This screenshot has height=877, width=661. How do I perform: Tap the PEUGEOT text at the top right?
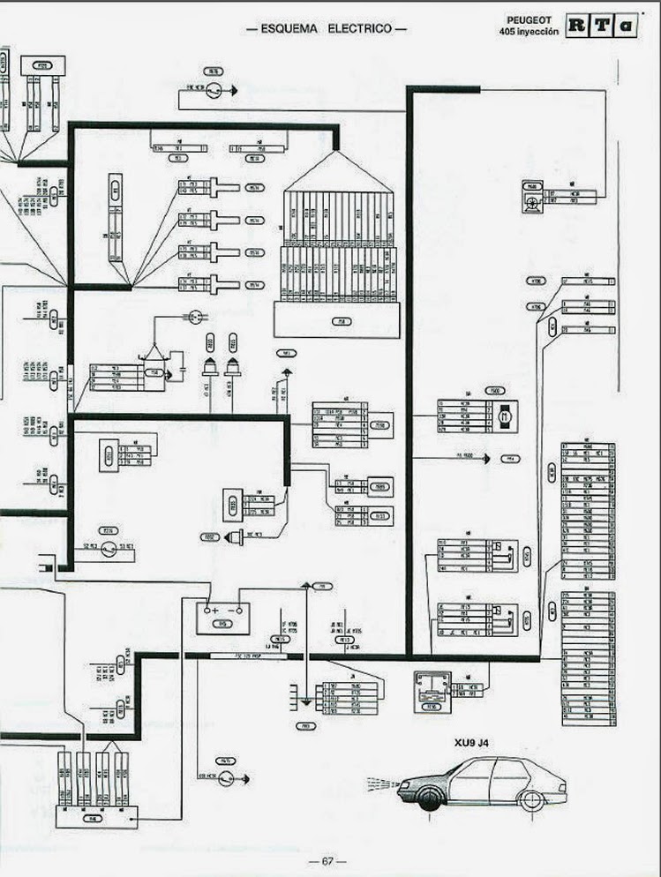click(x=530, y=19)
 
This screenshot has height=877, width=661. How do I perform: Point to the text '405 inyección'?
click(x=529, y=31)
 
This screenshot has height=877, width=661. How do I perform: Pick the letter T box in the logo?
click(x=602, y=26)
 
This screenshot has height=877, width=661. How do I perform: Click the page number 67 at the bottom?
click(x=327, y=862)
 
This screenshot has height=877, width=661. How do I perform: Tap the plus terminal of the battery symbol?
click(x=214, y=610)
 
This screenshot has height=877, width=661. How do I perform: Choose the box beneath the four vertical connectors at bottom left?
click(x=91, y=815)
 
